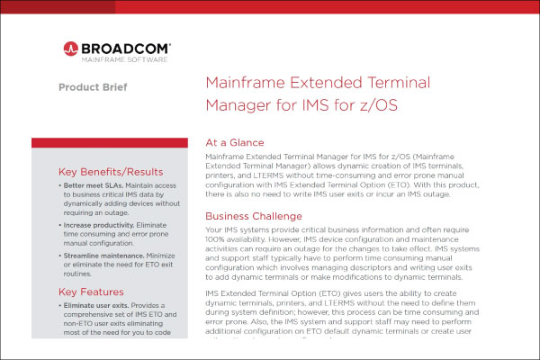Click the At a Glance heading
tap(235, 142)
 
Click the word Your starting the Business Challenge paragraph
tap(216, 232)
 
